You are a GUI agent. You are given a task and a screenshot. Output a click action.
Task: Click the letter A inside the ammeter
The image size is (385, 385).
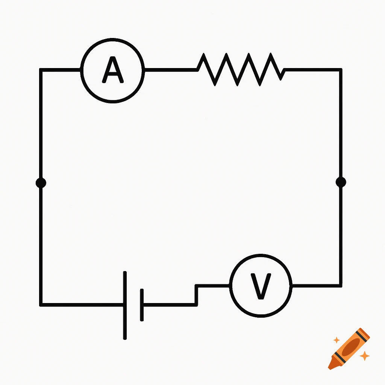tap(113, 70)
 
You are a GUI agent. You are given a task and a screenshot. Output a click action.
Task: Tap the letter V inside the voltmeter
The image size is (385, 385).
tap(261, 286)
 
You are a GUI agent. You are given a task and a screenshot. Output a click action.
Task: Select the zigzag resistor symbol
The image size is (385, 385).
tap(241, 70)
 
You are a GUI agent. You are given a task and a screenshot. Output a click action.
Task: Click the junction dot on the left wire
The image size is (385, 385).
tap(41, 183)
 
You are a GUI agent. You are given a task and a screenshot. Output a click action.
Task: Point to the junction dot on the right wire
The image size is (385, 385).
tap(341, 182)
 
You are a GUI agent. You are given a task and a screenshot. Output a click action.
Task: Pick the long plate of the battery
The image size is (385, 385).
tap(125, 305)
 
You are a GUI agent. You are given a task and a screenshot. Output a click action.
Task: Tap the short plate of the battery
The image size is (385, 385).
tap(142, 305)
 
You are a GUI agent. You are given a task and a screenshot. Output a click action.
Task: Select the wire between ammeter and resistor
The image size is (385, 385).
tap(171, 70)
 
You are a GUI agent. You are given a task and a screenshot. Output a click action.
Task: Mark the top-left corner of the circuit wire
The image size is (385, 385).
tap(41, 70)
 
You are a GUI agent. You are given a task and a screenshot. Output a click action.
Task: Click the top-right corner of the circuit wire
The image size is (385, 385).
tap(341, 70)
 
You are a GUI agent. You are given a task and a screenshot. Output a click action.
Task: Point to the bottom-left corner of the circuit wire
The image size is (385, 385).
tap(41, 304)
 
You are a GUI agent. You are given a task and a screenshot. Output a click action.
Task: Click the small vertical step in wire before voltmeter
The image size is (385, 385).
tap(196, 295)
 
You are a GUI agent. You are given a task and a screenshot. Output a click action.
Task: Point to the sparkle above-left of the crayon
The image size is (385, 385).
tap(336, 340)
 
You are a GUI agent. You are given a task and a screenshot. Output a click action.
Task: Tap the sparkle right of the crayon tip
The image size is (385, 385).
tap(364, 355)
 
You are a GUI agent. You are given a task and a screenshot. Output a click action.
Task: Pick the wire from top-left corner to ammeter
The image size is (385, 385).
tap(60, 70)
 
